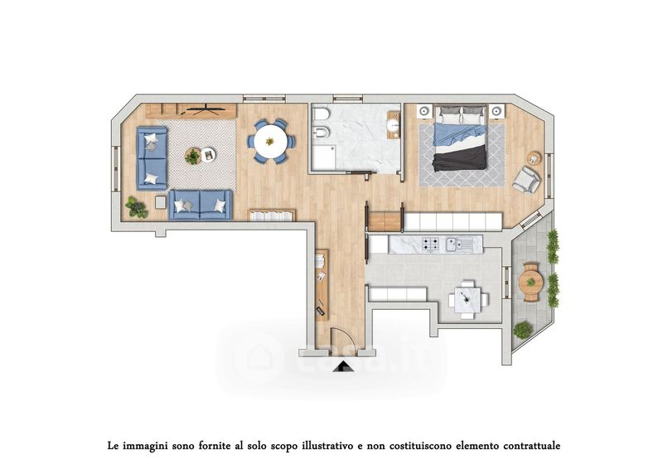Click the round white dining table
pos(271,141)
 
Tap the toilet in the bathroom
pos(320,114)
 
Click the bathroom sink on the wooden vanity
pos(394,124)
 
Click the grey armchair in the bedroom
pos(526,179)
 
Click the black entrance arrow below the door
pos(343,366)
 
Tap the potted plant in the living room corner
pos(136,207)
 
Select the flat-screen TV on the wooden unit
pos(205,109)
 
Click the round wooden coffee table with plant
pos(193,156)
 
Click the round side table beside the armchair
pos(534,158)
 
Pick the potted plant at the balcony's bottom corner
pos(523,330)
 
